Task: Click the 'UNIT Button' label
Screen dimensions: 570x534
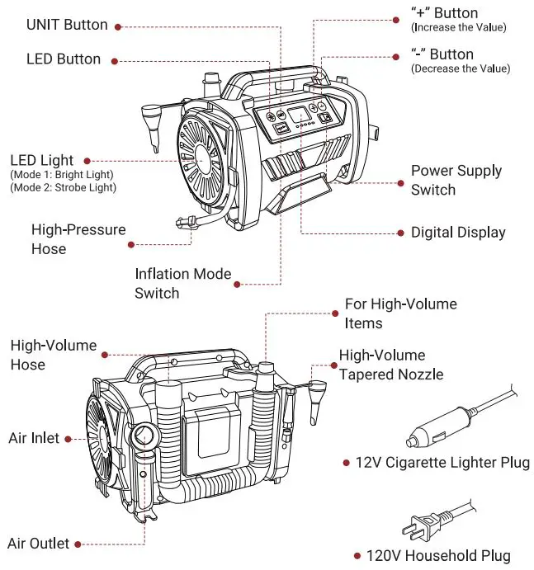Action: point(67,25)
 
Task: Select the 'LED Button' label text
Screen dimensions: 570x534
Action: point(64,59)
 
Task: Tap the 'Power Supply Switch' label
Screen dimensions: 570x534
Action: point(456,181)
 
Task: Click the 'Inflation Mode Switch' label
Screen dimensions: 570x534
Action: point(183,283)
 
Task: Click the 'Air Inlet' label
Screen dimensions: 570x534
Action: point(34,438)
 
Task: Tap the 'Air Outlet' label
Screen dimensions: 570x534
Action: point(38,544)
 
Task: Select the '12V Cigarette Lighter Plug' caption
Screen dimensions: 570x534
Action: point(442,463)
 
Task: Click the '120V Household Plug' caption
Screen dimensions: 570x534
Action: point(438,556)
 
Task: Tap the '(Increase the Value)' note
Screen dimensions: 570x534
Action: point(458,28)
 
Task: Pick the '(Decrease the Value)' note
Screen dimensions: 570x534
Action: point(460,68)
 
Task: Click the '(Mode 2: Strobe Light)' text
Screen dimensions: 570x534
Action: point(63,188)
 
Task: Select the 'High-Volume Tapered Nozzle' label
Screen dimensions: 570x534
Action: point(390,365)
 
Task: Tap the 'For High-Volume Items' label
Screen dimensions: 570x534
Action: point(400,313)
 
